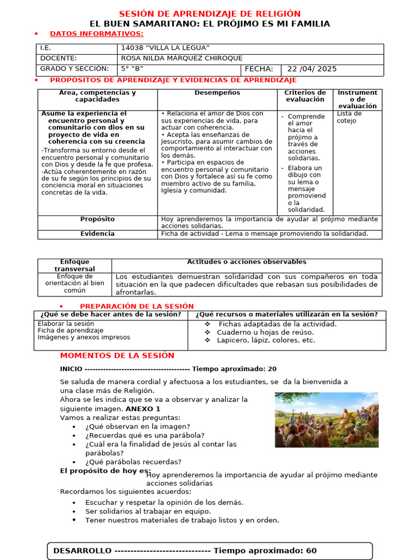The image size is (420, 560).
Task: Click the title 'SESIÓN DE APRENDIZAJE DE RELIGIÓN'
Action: tap(210, 14)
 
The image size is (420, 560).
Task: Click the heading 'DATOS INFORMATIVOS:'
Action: tap(96, 34)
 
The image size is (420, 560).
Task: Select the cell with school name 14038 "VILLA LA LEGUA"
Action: tap(165, 49)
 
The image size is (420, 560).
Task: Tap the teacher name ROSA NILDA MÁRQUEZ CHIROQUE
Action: tap(181, 59)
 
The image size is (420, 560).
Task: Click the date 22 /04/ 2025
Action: tap(312, 69)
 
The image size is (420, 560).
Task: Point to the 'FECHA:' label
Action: tap(259, 69)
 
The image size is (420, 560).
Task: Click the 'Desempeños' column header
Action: tap(217, 93)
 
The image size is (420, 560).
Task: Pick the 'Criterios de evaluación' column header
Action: tap(305, 96)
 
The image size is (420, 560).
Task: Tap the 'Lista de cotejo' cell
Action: tap(349, 117)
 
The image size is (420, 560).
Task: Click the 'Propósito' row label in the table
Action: tap(97, 219)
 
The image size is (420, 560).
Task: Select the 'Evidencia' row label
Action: tap(97, 234)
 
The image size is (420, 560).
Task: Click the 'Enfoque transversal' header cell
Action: tap(74, 265)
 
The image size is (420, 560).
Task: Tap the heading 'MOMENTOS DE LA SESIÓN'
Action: tap(117, 355)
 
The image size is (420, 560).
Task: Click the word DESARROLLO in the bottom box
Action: tap(82, 551)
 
